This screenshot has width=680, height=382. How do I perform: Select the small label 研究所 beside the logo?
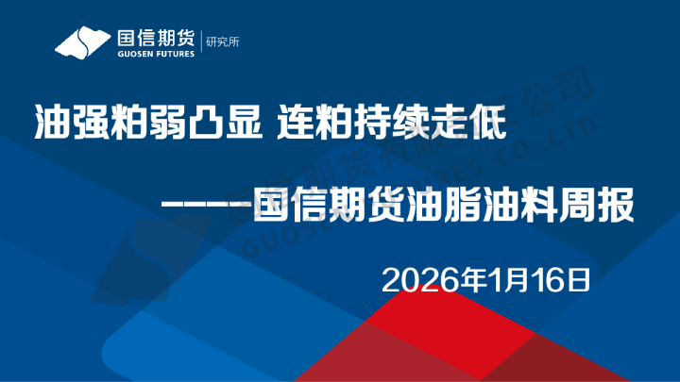point(221,43)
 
